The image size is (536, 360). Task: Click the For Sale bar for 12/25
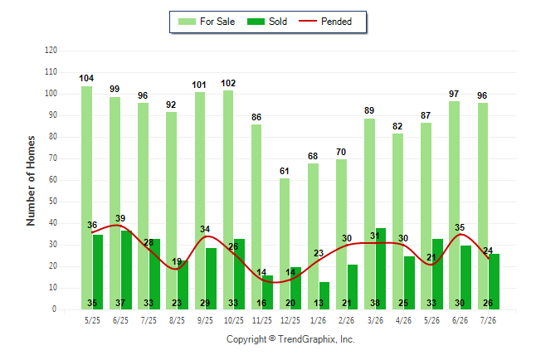285,244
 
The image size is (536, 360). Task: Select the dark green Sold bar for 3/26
381,269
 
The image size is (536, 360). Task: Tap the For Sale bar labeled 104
86,197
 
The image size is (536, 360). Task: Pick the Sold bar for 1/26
324,296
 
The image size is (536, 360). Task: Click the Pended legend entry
325,22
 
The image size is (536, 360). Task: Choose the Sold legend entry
267,22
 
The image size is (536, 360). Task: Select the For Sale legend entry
207,22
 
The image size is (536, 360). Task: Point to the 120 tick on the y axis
51,51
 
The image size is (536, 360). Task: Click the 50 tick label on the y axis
52,201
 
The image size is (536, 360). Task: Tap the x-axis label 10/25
234,320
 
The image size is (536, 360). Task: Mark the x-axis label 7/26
488,320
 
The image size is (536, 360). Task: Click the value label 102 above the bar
228,84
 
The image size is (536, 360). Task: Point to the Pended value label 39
120,218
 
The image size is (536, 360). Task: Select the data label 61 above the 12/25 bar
284,171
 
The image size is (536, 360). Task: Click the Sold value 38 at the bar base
375,303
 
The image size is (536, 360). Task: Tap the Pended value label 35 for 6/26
460,227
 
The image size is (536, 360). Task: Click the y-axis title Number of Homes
31,181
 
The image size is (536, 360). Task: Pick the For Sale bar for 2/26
341,234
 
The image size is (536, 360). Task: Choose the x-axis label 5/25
92,320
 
